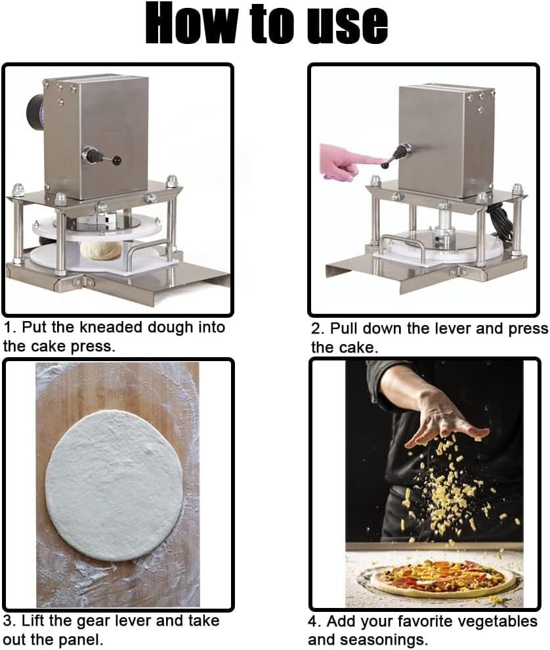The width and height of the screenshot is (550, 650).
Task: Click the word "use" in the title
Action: pyautogui.click(x=347, y=24)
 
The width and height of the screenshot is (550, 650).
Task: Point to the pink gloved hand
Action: pyautogui.click(x=347, y=162)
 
